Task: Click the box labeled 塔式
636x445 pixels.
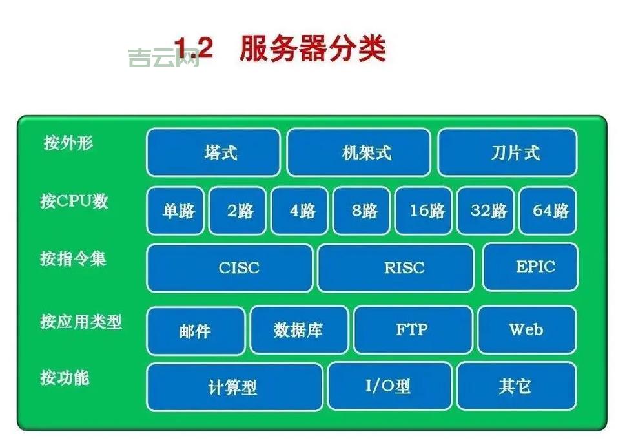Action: (214, 152)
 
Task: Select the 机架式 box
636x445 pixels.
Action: (358, 152)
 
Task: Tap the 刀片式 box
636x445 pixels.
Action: (508, 152)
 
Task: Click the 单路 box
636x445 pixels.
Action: (176, 211)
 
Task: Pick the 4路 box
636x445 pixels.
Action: (300, 211)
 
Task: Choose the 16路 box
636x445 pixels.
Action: (424, 211)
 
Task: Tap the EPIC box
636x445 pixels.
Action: (531, 267)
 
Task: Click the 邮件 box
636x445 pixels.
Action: (196, 331)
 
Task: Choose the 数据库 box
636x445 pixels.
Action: (299, 330)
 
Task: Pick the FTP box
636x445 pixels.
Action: (413, 330)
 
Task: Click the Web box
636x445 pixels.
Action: (527, 330)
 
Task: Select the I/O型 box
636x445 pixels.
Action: (389, 386)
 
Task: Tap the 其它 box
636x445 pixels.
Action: (517, 386)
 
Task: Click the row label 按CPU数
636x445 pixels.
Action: (74, 201)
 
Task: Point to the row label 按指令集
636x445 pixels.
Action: (73, 259)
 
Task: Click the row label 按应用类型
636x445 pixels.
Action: (81, 321)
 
